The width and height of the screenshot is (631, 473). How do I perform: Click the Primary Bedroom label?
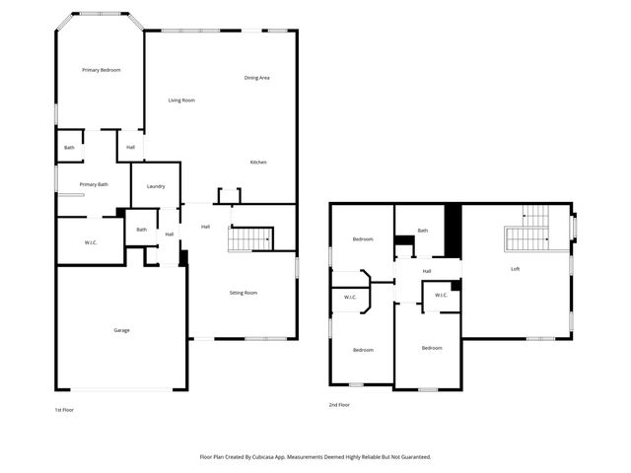102,70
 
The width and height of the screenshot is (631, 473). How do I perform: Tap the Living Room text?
180,101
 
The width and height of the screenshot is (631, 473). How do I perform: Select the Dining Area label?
257,78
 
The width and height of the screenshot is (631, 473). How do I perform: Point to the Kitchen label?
257,163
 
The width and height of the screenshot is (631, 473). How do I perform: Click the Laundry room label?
156,186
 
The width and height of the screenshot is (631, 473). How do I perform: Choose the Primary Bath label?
94,184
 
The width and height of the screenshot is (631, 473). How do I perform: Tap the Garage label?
121,330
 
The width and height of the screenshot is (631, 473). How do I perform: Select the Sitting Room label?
244,293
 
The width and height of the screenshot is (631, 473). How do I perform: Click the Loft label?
515,269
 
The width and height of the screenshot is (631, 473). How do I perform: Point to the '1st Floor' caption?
64,408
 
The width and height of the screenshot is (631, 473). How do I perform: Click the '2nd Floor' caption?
339,405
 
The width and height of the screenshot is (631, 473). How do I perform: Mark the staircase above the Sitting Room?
250,238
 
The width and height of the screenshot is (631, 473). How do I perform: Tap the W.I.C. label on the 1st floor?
90,242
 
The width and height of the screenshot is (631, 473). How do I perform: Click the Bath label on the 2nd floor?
423,231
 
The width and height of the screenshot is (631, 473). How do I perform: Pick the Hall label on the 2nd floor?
427,271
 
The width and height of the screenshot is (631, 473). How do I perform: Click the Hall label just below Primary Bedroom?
130,148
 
